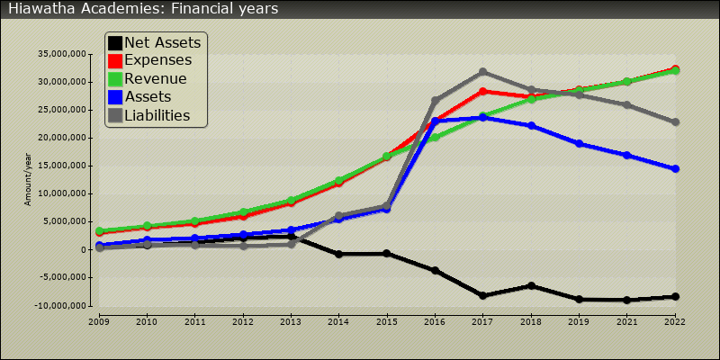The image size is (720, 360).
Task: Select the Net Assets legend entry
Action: (x=162, y=42)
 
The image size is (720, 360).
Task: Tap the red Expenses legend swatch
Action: (x=115, y=60)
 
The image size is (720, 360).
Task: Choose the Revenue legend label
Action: (x=156, y=78)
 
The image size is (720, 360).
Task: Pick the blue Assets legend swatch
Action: (x=115, y=96)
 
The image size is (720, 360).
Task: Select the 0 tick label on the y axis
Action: (x=83, y=250)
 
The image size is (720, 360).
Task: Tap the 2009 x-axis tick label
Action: (x=98, y=319)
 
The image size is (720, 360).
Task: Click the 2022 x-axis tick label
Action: (x=675, y=319)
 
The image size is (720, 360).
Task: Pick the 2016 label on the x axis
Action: (x=435, y=319)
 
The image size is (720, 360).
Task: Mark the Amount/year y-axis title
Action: (x=28, y=180)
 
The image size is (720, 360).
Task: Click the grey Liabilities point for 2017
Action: (x=483, y=72)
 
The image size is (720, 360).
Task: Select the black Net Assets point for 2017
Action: (x=483, y=296)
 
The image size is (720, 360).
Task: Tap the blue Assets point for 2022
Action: (x=675, y=168)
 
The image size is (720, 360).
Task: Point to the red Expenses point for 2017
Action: (x=483, y=91)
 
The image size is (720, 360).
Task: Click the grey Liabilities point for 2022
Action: (x=675, y=121)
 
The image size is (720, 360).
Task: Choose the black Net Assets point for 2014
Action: (x=338, y=254)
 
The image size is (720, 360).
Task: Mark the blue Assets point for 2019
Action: (x=580, y=143)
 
